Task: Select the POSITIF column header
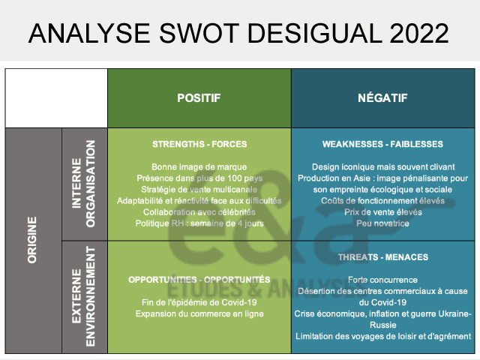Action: pyautogui.click(x=199, y=98)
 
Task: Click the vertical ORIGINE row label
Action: pyautogui.click(x=33, y=240)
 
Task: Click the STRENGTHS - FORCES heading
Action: pyautogui.click(x=199, y=144)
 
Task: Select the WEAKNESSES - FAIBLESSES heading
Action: pyautogui.click(x=382, y=144)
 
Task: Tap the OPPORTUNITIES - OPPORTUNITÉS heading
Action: pyautogui.click(x=199, y=279)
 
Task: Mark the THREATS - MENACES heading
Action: pyautogui.click(x=382, y=256)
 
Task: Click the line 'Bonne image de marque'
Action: pyautogui.click(x=199, y=166)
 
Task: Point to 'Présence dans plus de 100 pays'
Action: pyautogui.click(x=199, y=178)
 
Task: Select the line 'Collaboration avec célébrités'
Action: pyautogui.click(x=199, y=211)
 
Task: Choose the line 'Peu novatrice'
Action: pyautogui.click(x=382, y=223)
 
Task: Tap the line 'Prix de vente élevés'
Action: pyautogui.click(x=382, y=211)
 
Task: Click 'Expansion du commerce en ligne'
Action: pyautogui.click(x=199, y=313)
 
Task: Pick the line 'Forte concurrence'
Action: pyautogui.click(x=382, y=279)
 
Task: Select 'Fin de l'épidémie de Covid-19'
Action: pyautogui.click(x=199, y=301)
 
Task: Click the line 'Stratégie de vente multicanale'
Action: pyautogui.click(x=199, y=189)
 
